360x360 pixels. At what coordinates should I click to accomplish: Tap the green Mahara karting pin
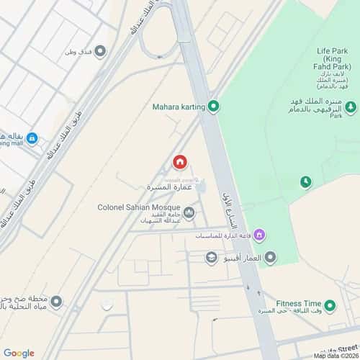pos(213,107)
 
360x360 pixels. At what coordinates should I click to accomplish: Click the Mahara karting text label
pos(179,107)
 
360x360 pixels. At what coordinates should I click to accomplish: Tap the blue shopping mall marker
pos(33,139)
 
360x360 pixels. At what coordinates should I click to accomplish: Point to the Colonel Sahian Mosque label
pos(139,207)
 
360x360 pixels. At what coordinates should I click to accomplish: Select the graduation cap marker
pos(211,256)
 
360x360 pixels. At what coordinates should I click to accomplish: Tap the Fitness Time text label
pos(297,304)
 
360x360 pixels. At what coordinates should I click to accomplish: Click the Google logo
pos(19,353)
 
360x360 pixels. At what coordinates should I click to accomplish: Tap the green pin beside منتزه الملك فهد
pos(350,107)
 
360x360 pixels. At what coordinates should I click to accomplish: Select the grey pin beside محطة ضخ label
pos(56,301)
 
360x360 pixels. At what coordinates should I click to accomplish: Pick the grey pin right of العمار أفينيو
pos(271,256)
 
